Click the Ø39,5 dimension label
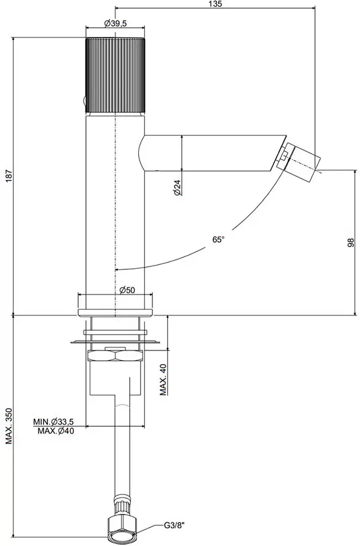(115, 23)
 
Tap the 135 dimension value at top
(215, 4)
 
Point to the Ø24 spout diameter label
(178, 188)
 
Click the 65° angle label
(219, 240)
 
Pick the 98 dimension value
(350, 243)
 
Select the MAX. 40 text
(163, 379)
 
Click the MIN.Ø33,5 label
(53, 422)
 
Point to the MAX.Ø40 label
(56, 431)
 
